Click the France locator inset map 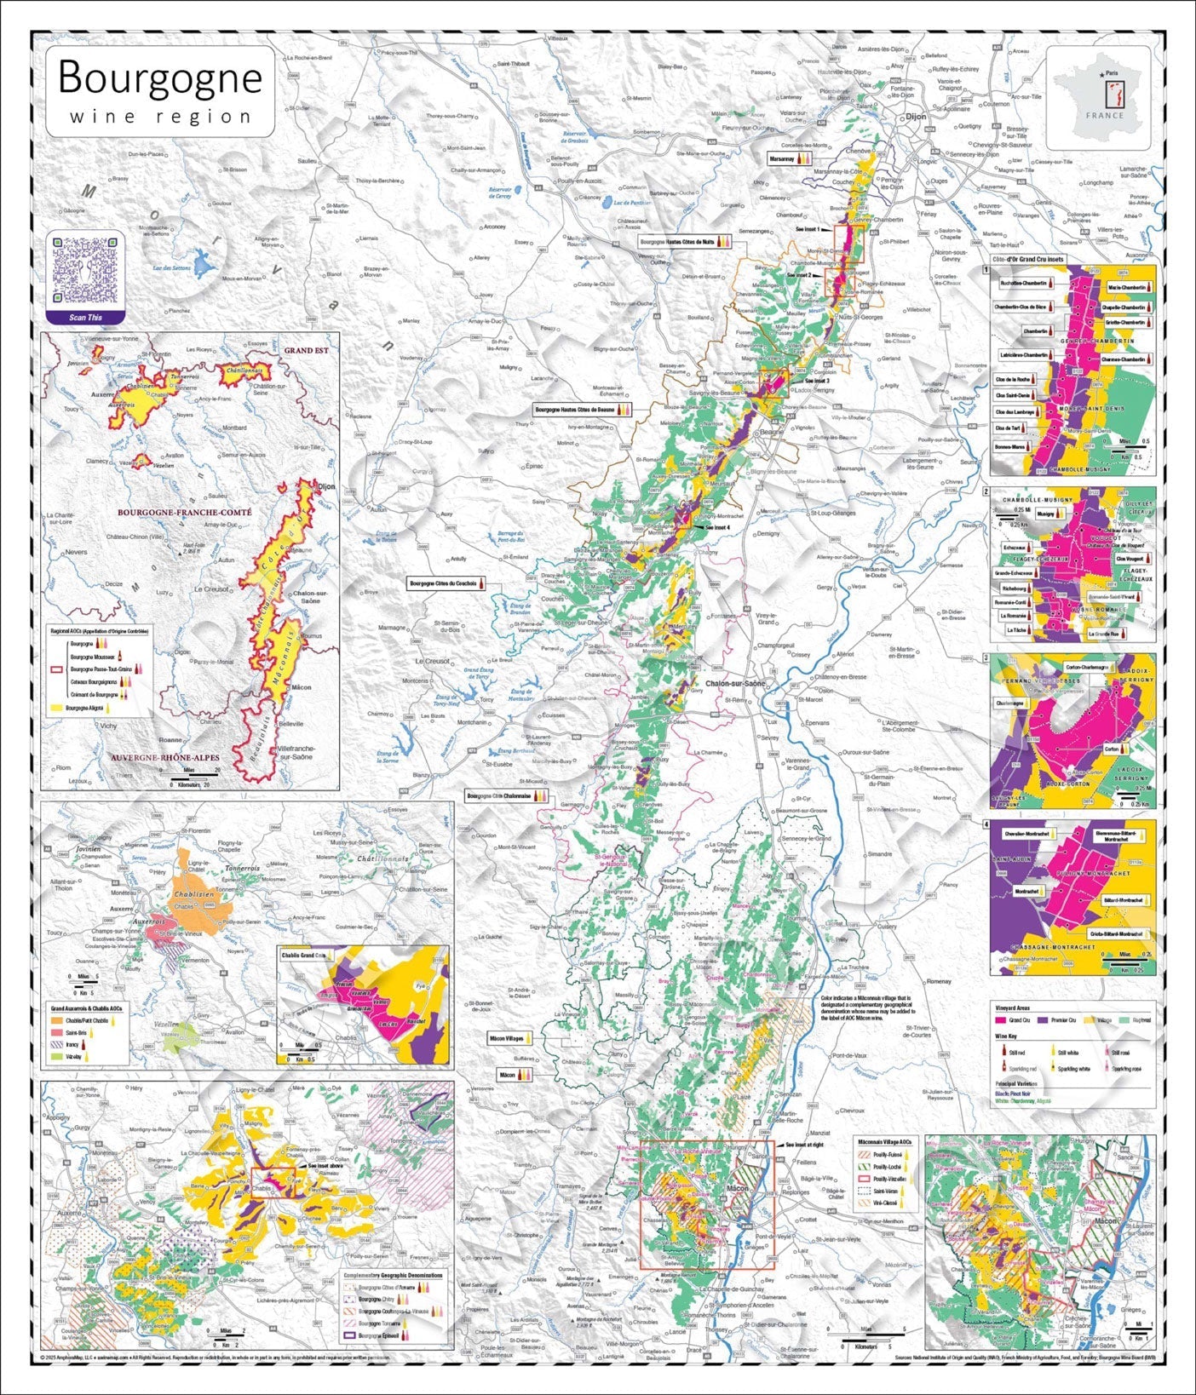click(x=1099, y=91)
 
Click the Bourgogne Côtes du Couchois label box click(x=443, y=584)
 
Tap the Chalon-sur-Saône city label click(x=736, y=683)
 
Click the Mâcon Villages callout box click(x=505, y=1039)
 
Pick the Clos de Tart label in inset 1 click(x=1010, y=428)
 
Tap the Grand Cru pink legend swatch click(x=1001, y=1019)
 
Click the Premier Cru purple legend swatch click(x=1042, y=1019)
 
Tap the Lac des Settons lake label click(x=170, y=268)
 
